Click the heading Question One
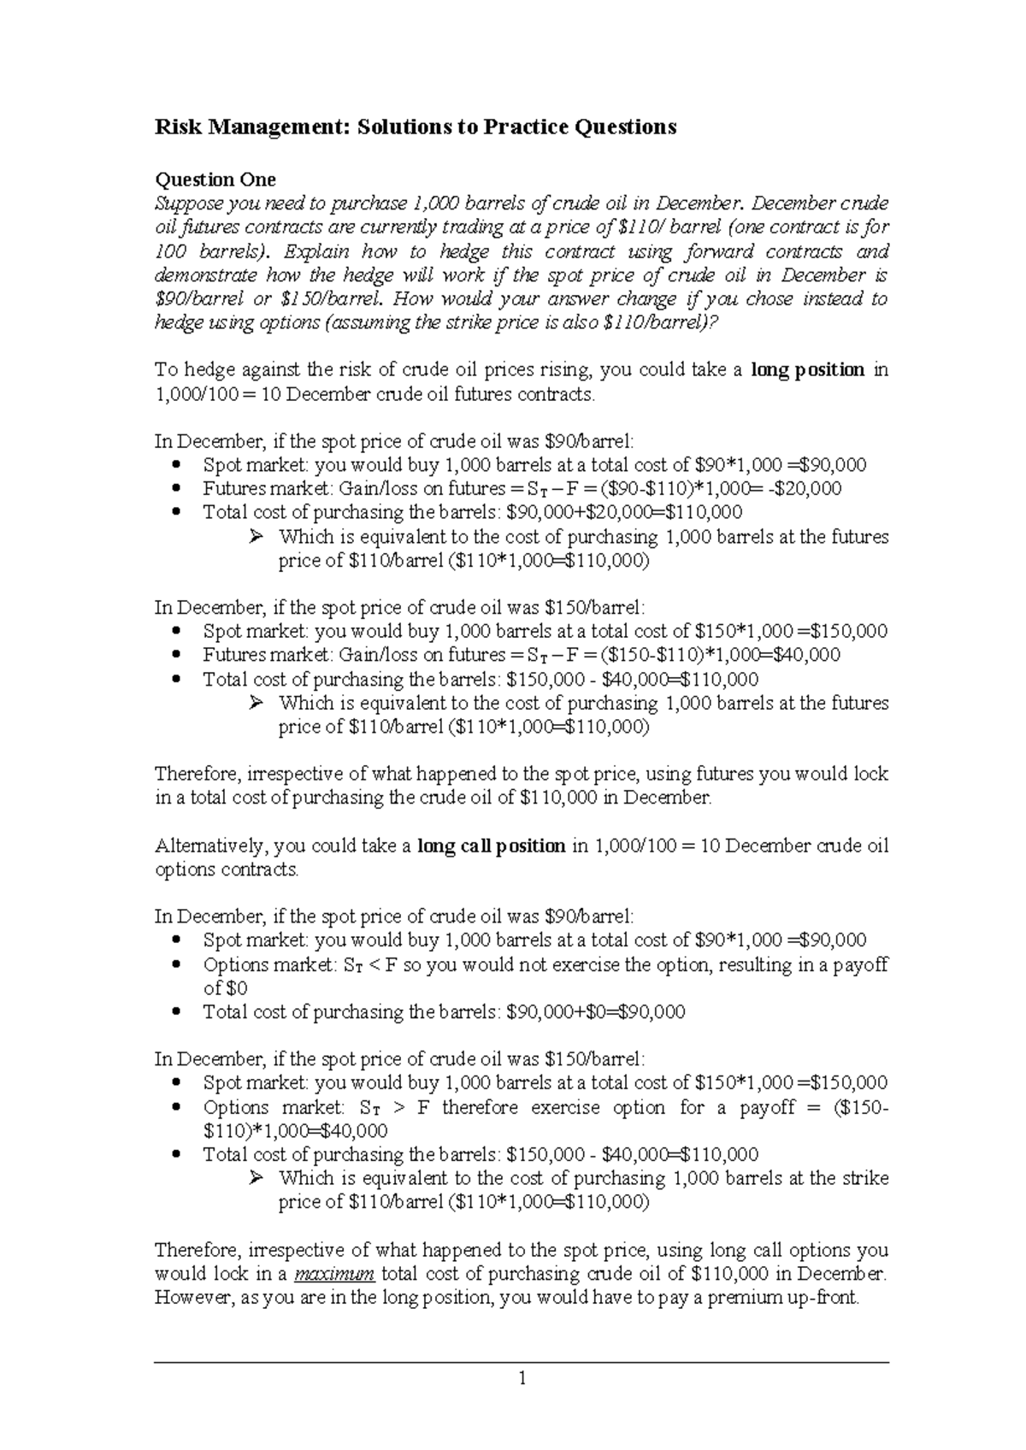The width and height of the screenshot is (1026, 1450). coord(215,180)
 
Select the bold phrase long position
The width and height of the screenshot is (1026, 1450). coord(807,370)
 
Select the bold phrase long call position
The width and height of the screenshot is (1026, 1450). coord(491,846)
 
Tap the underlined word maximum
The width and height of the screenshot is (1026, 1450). coord(334,1274)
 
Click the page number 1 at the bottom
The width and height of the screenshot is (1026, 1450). coord(522,1379)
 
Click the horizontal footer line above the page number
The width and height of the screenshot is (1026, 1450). coord(522,1363)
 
